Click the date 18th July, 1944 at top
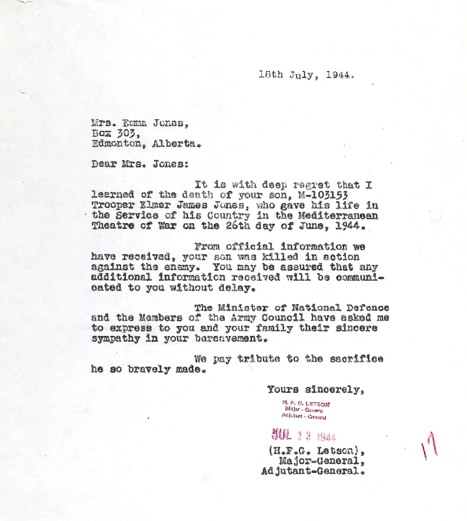(306, 75)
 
